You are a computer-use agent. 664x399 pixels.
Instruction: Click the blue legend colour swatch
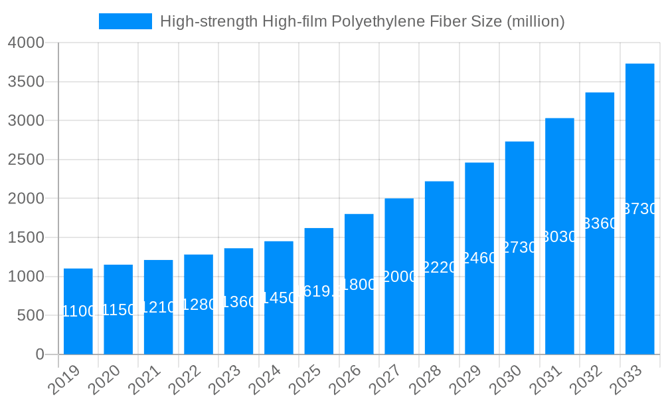[x=125, y=21]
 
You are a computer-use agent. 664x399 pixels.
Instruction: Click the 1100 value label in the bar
[x=78, y=311]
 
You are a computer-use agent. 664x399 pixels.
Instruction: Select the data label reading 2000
[x=399, y=277]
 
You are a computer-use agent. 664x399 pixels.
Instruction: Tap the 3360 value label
[x=600, y=223]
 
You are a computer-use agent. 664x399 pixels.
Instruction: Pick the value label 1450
[x=279, y=298]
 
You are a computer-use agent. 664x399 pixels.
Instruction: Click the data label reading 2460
[x=479, y=258]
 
